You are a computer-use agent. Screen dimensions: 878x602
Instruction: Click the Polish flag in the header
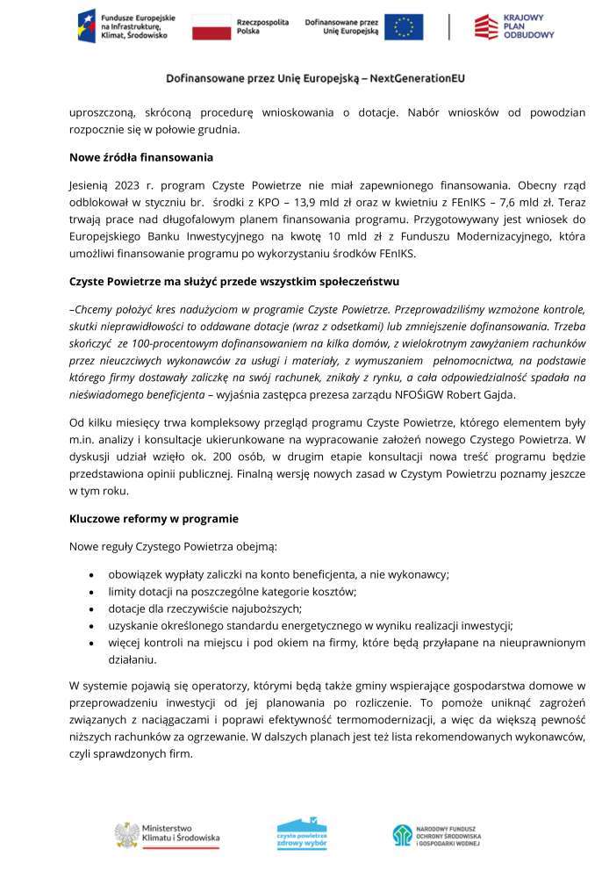[x=211, y=27]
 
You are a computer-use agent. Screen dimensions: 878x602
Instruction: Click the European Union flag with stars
[x=404, y=27]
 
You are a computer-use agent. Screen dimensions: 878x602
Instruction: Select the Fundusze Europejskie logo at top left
[x=127, y=27]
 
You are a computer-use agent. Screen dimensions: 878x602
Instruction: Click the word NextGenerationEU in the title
[x=418, y=78]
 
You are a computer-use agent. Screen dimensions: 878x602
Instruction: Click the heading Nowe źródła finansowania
[x=140, y=158]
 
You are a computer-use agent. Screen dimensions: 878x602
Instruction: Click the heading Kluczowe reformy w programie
[x=154, y=519]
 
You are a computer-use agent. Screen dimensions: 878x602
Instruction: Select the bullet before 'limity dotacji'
[x=92, y=592]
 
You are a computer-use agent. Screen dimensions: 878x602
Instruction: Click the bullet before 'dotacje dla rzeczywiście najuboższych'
[x=92, y=608]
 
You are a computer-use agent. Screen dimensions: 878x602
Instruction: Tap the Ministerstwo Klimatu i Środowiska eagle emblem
[x=126, y=834]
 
